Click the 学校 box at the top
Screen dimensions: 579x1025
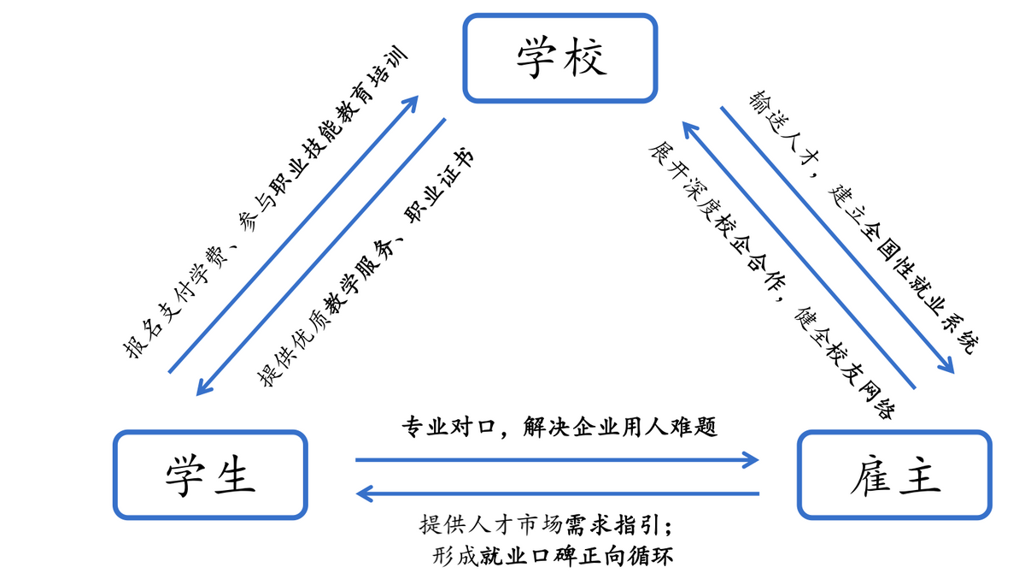(x=560, y=58)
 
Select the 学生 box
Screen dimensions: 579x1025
(x=210, y=475)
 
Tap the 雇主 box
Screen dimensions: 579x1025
(x=894, y=475)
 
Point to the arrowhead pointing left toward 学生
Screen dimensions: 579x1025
(x=362, y=493)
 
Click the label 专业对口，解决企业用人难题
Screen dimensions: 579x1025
(x=559, y=427)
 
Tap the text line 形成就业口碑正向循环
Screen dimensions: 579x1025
(x=553, y=557)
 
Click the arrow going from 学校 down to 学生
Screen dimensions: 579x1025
(x=321, y=257)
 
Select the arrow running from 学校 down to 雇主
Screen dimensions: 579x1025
(x=837, y=239)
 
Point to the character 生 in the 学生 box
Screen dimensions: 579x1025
(x=235, y=475)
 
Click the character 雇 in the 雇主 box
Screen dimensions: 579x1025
(x=869, y=475)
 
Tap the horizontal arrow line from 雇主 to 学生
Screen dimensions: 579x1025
(x=559, y=493)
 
